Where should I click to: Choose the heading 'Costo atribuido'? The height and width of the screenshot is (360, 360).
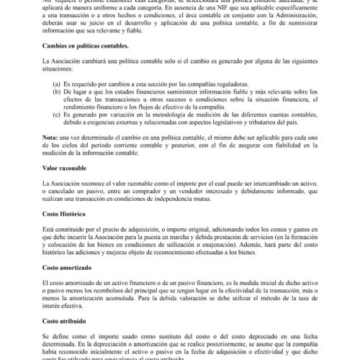66,321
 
